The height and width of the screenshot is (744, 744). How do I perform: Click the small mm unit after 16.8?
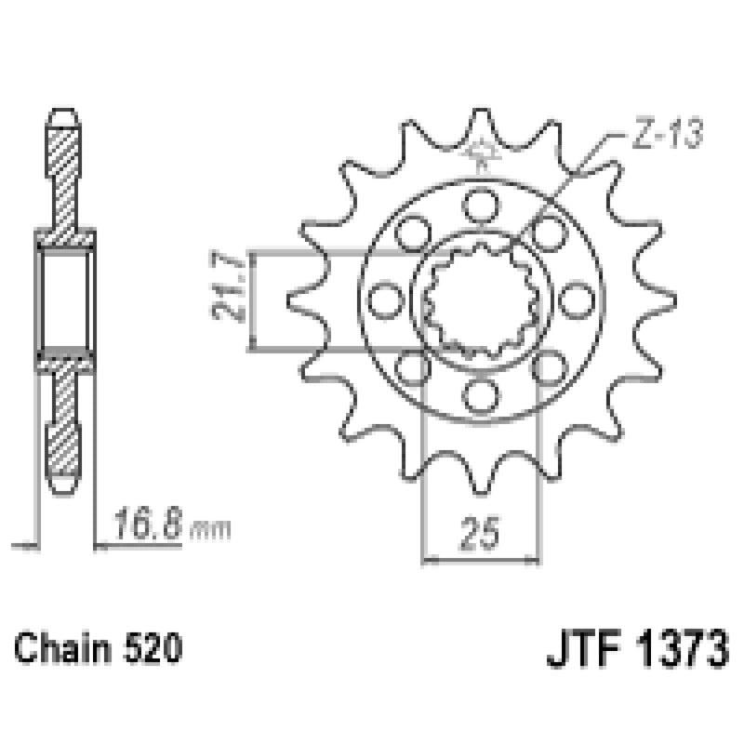[211, 530]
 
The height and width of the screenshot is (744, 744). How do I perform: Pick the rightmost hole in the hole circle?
[578, 299]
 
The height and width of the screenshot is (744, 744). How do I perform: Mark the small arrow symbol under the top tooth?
[481, 152]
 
